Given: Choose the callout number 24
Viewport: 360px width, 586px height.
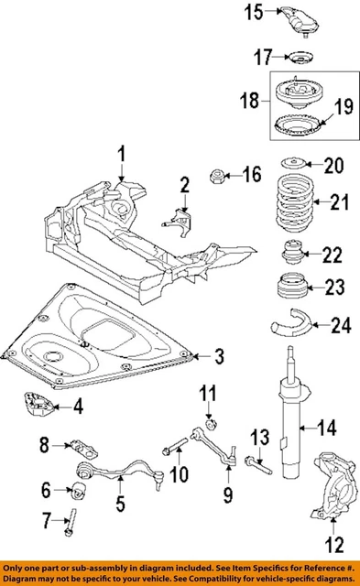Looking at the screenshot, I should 340,323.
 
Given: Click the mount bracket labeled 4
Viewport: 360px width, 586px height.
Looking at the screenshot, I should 37,404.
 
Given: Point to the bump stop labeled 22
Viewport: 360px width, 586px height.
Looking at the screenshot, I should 293,252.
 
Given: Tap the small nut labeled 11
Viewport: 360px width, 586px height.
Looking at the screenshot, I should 211,423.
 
